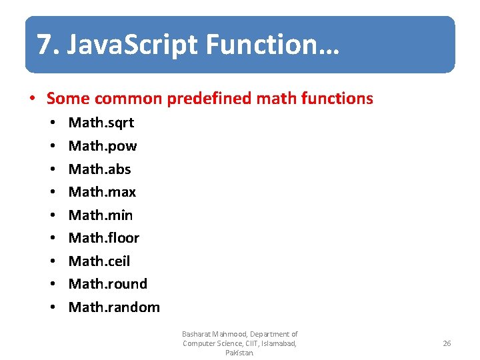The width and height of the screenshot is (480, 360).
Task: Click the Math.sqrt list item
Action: tap(101, 123)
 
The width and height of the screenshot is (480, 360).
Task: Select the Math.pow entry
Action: tap(103, 146)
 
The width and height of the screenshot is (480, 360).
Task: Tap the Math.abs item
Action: tap(100, 169)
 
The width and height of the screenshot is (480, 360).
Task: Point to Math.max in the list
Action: tap(102, 192)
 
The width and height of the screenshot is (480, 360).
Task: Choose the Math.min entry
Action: tap(101, 215)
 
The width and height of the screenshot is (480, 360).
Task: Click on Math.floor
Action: tap(104, 238)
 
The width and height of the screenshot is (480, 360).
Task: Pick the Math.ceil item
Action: tap(99, 261)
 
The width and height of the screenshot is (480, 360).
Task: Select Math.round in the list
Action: tap(108, 284)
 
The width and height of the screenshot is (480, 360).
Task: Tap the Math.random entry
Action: tap(114, 307)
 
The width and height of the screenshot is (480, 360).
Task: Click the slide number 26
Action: tap(447, 343)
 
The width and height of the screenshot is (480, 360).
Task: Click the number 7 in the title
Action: tap(43, 45)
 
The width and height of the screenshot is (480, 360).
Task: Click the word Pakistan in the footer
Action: tap(239, 353)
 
